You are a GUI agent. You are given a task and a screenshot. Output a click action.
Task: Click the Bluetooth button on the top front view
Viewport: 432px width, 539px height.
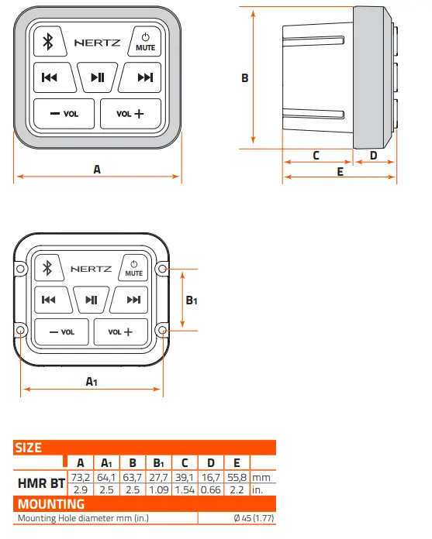(x=47, y=42)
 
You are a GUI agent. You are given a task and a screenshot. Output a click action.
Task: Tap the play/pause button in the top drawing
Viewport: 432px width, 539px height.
(x=98, y=77)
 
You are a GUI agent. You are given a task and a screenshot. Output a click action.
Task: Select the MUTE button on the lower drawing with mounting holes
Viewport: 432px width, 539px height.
(x=133, y=268)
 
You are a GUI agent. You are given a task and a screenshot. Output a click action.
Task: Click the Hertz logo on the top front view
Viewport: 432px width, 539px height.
(x=97, y=43)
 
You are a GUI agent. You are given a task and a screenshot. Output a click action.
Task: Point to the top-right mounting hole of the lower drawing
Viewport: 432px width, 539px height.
(x=161, y=269)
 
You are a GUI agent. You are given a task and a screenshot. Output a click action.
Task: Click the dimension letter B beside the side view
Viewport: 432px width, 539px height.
(x=244, y=78)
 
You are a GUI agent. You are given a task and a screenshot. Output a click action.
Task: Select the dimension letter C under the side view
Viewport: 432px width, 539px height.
(x=316, y=155)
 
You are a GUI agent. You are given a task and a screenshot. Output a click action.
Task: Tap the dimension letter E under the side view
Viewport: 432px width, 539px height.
(x=340, y=171)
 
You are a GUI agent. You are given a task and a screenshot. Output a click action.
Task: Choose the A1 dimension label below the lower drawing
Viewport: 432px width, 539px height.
(x=91, y=380)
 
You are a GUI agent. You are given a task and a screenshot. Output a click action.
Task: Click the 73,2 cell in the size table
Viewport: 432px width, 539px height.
(x=80, y=477)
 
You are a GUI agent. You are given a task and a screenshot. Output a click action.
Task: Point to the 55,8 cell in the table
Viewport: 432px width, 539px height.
(x=237, y=477)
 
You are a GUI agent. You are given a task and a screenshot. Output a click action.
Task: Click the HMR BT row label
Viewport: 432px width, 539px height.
(x=41, y=484)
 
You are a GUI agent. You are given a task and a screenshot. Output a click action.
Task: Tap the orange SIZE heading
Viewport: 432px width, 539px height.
(x=29, y=448)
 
